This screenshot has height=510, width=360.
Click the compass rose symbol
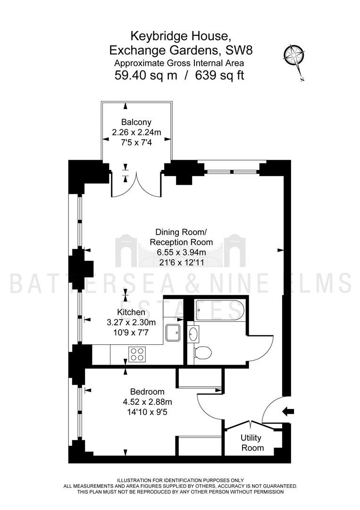[x=294, y=58]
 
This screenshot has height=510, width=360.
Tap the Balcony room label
[x=136, y=122]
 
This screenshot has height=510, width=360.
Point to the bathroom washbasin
[x=194, y=334]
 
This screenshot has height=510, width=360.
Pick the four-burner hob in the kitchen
[x=137, y=354]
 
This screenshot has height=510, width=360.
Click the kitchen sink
[x=173, y=332]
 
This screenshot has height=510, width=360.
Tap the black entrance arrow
[x=288, y=411]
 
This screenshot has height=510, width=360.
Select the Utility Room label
[x=252, y=442]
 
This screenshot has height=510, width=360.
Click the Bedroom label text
[x=147, y=391]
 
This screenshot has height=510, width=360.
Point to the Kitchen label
[x=131, y=312]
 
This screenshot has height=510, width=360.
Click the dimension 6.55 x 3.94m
[x=181, y=252]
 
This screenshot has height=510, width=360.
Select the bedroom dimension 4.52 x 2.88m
[x=147, y=402]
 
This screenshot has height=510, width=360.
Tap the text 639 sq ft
[x=219, y=76]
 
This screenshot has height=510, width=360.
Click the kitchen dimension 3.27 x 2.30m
[x=131, y=323]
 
